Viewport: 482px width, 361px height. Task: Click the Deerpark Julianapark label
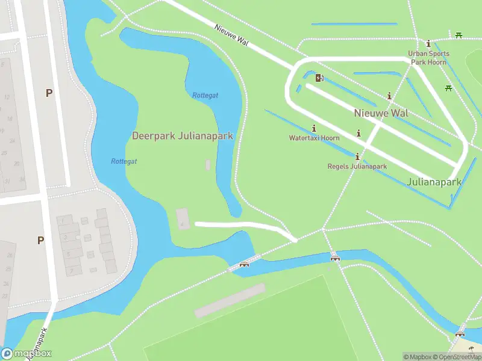[x=182, y=136]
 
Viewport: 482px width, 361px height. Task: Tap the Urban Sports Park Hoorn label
[x=427, y=57]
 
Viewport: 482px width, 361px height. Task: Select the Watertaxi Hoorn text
[x=314, y=138]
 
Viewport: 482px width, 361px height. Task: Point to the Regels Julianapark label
[x=357, y=166]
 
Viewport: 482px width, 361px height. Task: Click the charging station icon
[x=319, y=77]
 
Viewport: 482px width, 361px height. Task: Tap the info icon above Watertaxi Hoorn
[x=314, y=128]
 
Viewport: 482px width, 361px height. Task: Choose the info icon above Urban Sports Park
[x=428, y=43]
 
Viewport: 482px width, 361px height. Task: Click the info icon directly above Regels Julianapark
[x=357, y=156]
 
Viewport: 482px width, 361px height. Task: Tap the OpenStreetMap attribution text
[x=455, y=357]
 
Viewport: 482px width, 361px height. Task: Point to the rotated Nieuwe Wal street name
[x=231, y=37]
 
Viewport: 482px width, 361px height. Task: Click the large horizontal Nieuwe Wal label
[x=381, y=113]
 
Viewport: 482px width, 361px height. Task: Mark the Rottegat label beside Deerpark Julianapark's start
[x=124, y=161]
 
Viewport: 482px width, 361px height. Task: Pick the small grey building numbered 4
[x=183, y=218]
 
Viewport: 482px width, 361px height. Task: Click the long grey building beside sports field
[x=230, y=300]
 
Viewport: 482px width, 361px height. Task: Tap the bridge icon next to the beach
[x=460, y=333]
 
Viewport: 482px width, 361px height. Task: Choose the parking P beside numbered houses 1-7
[x=40, y=240]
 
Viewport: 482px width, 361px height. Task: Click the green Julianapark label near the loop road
[x=434, y=181]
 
